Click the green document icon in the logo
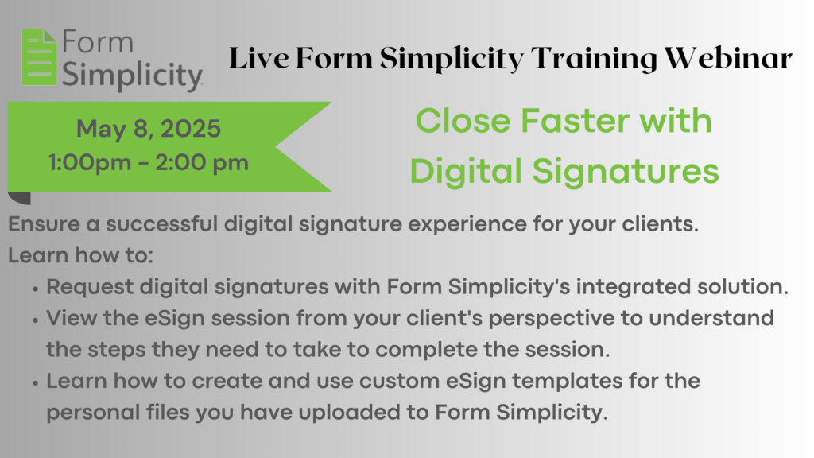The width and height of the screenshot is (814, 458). point(39,57)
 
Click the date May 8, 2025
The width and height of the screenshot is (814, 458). point(149,130)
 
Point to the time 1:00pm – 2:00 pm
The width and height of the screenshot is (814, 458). point(149,163)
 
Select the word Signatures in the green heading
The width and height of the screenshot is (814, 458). point(626,173)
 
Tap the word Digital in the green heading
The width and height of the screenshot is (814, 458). point(466,173)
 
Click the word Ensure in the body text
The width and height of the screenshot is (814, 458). point(45,224)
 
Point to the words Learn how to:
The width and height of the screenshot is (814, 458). point(80,255)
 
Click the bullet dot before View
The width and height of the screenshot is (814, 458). point(35,320)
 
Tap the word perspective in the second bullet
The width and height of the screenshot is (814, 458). point(552,319)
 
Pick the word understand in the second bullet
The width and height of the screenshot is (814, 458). point(711,318)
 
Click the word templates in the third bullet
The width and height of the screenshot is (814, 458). point(567,382)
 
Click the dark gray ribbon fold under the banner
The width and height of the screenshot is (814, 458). point(19,198)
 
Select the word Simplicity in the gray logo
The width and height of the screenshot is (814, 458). point(132,76)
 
